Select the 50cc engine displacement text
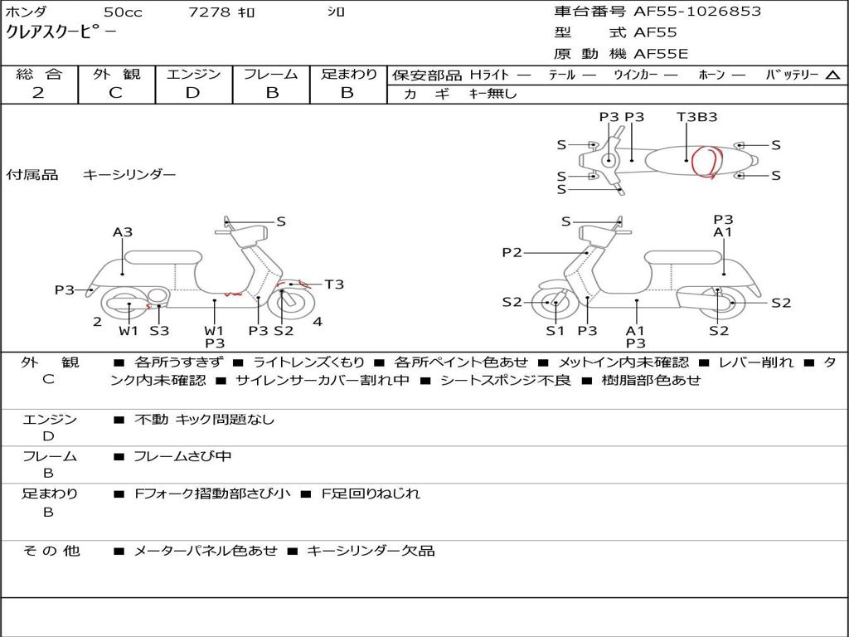coord(122,12)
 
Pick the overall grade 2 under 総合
coord(38,93)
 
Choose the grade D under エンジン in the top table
coord(192,93)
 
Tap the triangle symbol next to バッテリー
coord(832,75)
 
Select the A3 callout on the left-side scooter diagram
coord(123,232)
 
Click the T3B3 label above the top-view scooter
coord(696,117)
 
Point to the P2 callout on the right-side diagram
coord(512,252)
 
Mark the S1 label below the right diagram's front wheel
coord(555,331)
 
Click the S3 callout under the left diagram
coord(159,331)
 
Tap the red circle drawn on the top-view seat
coord(706,161)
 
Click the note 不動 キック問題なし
coord(204,420)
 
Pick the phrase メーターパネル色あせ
coord(205,551)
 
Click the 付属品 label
coord(32,175)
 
